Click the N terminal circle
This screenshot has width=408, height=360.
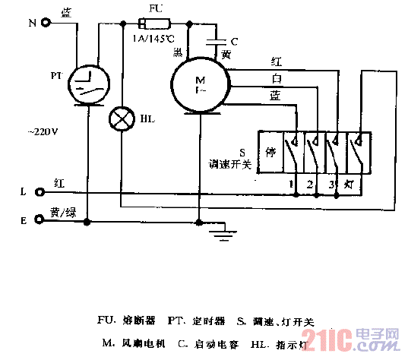[47, 23]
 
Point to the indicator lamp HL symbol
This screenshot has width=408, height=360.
[122, 118]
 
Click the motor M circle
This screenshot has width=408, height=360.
[199, 81]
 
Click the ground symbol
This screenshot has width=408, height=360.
[222, 232]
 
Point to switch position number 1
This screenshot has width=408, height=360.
[291, 185]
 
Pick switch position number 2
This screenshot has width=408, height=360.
[312, 185]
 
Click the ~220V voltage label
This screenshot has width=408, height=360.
[44, 131]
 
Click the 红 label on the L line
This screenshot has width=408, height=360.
[60, 183]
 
